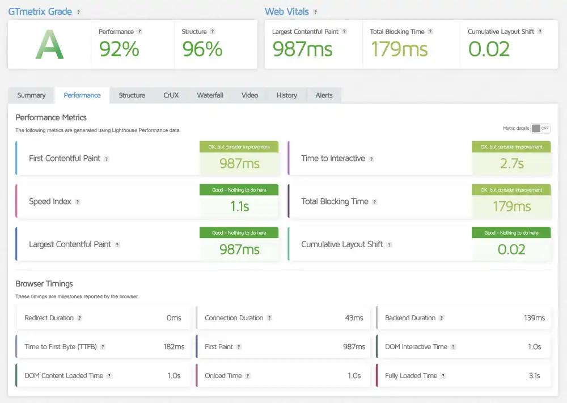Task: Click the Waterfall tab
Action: pyautogui.click(x=210, y=95)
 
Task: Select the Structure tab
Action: pyautogui.click(x=132, y=95)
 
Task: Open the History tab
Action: pyautogui.click(x=286, y=95)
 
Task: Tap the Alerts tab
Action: pyautogui.click(x=324, y=95)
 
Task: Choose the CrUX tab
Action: pyautogui.click(x=171, y=95)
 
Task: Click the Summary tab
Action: pyautogui.click(x=31, y=95)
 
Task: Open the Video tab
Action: pyautogui.click(x=249, y=95)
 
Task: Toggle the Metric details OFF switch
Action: pyautogui.click(x=540, y=128)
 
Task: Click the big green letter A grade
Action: pyautogui.click(x=49, y=45)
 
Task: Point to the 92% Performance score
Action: pyautogui.click(x=119, y=50)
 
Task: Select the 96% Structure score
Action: pyautogui.click(x=202, y=50)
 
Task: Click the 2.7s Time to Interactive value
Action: pyautogui.click(x=511, y=164)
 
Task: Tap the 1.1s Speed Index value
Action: pyautogui.click(x=239, y=207)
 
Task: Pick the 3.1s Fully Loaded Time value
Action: pyautogui.click(x=534, y=376)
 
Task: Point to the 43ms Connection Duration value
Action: pyautogui.click(x=354, y=318)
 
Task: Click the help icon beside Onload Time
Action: pyautogui.click(x=248, y=376)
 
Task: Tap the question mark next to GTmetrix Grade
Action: pyautogui.click(x=78, y=12)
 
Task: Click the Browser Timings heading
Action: pyautogui.click(x=44, y=283)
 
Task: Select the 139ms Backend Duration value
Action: pyautogui.click(x=534, y=318)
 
